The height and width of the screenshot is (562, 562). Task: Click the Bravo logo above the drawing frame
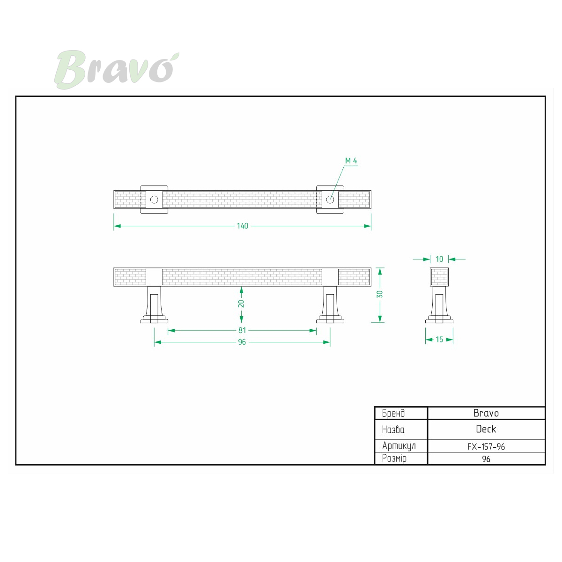116,70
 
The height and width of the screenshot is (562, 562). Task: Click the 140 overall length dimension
242,226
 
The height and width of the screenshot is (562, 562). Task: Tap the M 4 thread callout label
351,161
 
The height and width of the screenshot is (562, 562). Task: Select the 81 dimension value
242,331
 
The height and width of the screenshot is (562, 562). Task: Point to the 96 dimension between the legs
242,342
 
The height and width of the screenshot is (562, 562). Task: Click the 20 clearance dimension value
241,303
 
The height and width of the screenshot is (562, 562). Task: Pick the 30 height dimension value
380,294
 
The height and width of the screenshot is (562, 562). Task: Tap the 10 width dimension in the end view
439,259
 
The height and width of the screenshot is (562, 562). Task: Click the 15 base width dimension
439,340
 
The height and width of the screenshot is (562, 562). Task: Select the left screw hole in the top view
154,200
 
